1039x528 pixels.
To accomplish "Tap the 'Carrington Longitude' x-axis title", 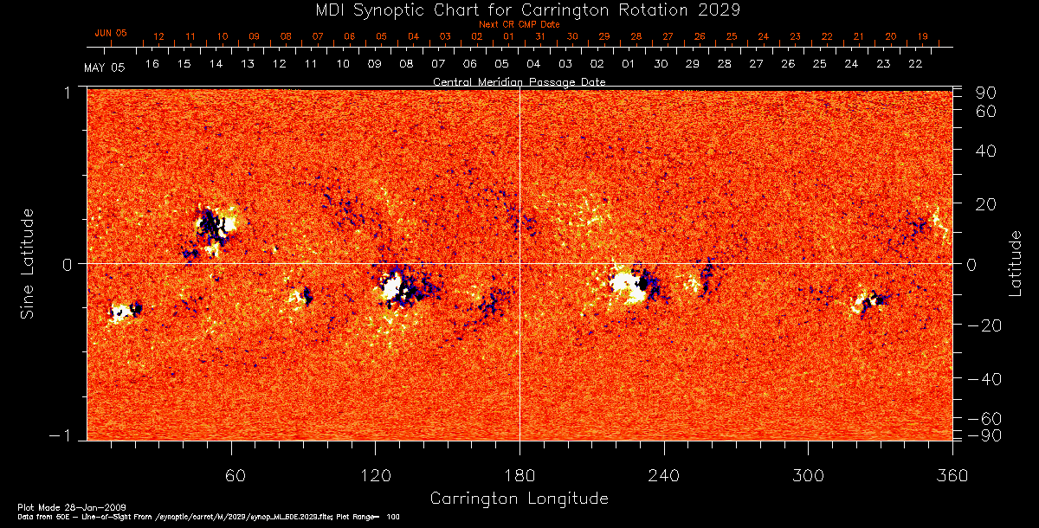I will pos(519,499).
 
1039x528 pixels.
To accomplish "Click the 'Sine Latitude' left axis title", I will pos(28,262).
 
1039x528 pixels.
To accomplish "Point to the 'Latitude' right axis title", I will pos(1015,262).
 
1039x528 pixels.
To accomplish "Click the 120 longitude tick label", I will pos(376,475).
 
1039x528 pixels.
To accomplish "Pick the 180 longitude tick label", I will pos(519,475).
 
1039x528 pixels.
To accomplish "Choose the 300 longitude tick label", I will pos(808,475).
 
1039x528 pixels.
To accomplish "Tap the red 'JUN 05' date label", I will pos(110,33).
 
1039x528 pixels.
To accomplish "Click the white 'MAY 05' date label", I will pos(105,68).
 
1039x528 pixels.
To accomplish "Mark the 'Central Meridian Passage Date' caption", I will pos(519,81).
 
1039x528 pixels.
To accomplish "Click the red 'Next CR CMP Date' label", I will pos(519,24).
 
